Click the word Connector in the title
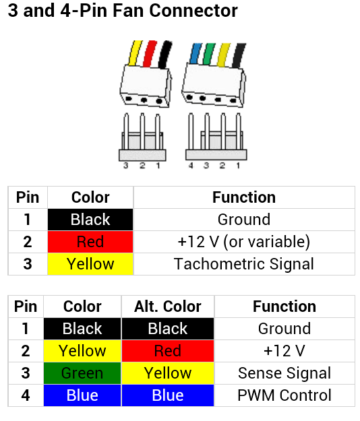pyautogui.click(x=193, y=11)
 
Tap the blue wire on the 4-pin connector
pyautogui.click(x=196, y=53)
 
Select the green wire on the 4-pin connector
pyautogui.click(x=209, y=54)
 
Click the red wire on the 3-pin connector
pyautogui.click(x=150, y=54)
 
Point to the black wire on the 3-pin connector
pyautogui.click(x=165, y=55)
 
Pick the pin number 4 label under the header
pyautogui.click(x=191, y=166)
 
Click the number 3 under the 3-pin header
pyautogui.click(x=126, y=166)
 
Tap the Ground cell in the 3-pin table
pyautogui.click(x=244, y=220)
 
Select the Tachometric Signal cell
pyautogui.click(x=244, y=263)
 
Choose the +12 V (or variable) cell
pyautogui.click(x=244, y=241)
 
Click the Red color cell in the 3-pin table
pyautogui.click(x=90, y=242)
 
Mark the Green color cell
pyautogui.click(x=82, y=373)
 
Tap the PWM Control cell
pyautogui.click(x=284, y=395)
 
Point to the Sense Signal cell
pyautogui.click(x=284, y=373)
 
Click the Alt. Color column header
pyautogui.click(x=168, y=306)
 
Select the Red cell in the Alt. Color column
pyautogui.click(x=168, y=351)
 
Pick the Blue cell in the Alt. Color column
pyautogui.click(x=168, y=395)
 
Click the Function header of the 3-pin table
pyautogui.click(x=244, y=197)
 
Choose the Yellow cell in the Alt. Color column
pyautogui.click(x=168, y=373)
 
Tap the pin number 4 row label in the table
pyautogui.click(x=26, y=395)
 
